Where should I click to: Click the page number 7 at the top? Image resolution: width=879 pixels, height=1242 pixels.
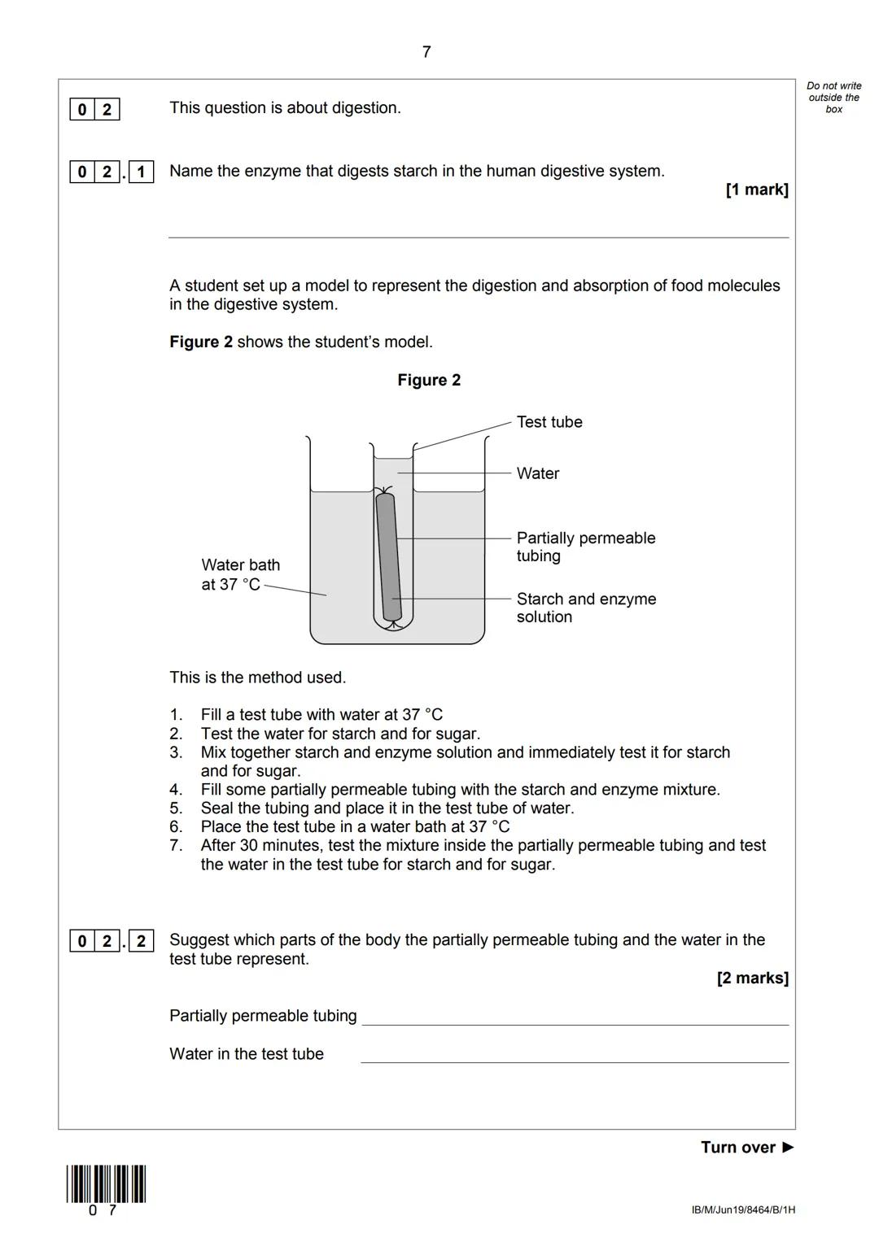(426, 52)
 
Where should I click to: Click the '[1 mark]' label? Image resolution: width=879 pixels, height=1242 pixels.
(756, 190)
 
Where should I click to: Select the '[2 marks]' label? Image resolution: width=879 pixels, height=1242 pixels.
(752, 978)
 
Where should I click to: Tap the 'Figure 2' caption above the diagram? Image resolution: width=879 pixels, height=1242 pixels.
(429, 380)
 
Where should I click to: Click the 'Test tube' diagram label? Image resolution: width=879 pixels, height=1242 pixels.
(549, 422)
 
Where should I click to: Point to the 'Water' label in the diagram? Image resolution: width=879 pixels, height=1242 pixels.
(537, 473)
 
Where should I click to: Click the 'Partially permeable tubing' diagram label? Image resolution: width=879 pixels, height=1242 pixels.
(585, 547)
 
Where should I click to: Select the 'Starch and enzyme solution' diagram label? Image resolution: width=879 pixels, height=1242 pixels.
(585, 608)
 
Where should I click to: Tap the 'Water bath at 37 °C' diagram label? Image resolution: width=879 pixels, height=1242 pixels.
(240, 574)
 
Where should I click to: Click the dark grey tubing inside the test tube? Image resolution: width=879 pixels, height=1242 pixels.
(388, 557)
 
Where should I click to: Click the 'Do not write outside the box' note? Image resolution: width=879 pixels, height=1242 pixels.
(833, 98)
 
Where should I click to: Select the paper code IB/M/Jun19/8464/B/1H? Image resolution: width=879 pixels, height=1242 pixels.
(743, 1209)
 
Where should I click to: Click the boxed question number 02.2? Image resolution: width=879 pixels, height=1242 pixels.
(112, 941)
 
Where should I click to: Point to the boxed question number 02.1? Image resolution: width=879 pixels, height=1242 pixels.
(112, 172)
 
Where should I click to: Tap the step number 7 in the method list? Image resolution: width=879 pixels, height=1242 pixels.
(176, 845)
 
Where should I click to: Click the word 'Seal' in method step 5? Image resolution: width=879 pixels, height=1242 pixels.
(216, 808)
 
